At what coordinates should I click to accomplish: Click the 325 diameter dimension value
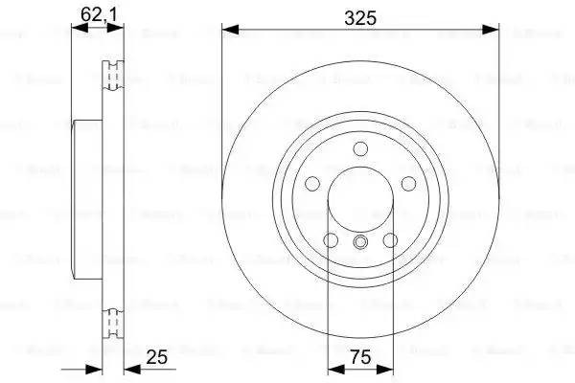click(360, 17)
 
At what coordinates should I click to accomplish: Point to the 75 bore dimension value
click(360, 358)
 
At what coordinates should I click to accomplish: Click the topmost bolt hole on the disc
click(360, 148)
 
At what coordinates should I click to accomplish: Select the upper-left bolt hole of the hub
click(312, 184)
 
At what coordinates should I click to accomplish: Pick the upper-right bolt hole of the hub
click(408, 184)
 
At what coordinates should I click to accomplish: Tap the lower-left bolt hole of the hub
click(331, 240)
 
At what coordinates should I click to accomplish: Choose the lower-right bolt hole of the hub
click(390, 240)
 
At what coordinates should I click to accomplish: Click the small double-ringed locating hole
click(360, 242)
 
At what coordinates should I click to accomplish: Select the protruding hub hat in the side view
click(87, 195)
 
